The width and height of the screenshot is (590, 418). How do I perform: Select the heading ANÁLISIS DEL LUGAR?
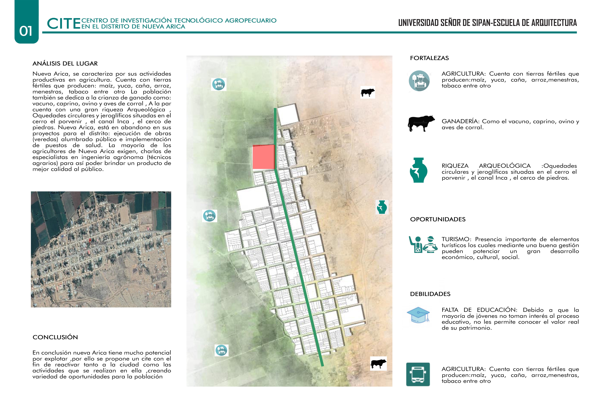click(65, 64)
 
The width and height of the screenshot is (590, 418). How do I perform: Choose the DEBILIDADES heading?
click(430, 294)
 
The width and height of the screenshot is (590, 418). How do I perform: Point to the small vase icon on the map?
click(382, 207)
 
